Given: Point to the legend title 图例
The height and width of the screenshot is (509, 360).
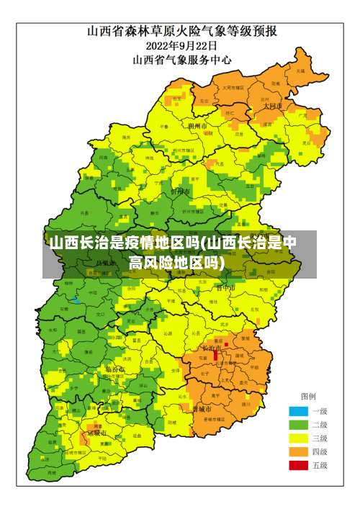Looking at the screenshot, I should tap(308, 397).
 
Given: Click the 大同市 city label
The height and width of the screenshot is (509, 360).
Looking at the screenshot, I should tap(272, 106).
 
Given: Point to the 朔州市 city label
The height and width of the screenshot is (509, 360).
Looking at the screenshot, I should tap(197, 125).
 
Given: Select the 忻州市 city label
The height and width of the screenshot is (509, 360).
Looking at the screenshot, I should tap(180, 192).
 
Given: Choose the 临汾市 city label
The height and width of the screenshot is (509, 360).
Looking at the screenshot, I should tap(115, 369).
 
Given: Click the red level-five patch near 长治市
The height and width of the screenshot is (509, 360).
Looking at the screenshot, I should tap(215, 355).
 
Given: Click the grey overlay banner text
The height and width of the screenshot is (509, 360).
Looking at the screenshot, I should tap(173, 251).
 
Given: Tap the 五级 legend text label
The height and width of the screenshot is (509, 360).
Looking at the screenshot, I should tap(319, 466).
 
